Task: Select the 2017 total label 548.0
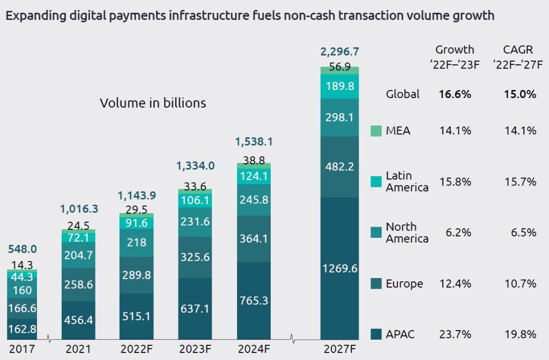point(22,249)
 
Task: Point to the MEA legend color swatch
point(376,131)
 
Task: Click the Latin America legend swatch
point(376,182)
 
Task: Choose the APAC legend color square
point(376,335)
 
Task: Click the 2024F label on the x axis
point(254,350)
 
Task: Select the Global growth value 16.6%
point(455,94)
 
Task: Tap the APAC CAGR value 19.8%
point(520,335)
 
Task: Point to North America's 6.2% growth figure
point(459,232)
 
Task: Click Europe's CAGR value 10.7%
point(520,284)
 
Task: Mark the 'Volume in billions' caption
point(153,103)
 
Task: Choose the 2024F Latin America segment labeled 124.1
point(254,176)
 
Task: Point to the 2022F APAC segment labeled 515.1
point(136,316)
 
